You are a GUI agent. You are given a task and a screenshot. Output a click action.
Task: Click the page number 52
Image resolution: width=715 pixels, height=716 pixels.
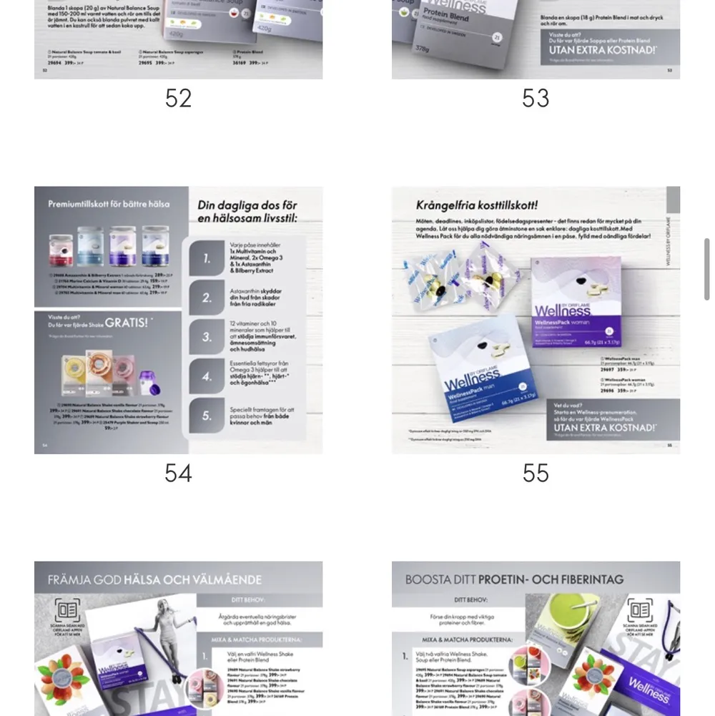[x=178, y=98]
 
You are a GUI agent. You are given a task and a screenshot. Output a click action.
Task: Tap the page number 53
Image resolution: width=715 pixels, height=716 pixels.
[x=536, y=98]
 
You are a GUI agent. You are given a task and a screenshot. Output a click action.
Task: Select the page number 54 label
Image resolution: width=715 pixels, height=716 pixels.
[x=178, y=473]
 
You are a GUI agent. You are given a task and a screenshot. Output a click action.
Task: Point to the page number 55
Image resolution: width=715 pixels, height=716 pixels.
[x=536, y=473]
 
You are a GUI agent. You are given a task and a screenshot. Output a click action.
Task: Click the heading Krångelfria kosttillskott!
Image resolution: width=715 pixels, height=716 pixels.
[x=477, y=206]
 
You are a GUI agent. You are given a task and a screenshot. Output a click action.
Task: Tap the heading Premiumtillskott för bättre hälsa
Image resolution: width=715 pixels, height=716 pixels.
[x=109, y=204]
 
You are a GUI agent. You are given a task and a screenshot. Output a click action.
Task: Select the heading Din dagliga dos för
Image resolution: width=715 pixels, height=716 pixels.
[x=247, y=205]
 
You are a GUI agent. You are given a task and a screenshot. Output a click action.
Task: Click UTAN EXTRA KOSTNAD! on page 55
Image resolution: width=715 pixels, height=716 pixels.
[x=604, y=428]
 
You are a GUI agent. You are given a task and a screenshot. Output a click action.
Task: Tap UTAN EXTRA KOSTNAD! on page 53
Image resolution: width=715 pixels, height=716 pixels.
[x=601, y=51]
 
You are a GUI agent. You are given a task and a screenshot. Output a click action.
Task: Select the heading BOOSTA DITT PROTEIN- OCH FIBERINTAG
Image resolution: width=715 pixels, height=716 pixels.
[x=514, y=579]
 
